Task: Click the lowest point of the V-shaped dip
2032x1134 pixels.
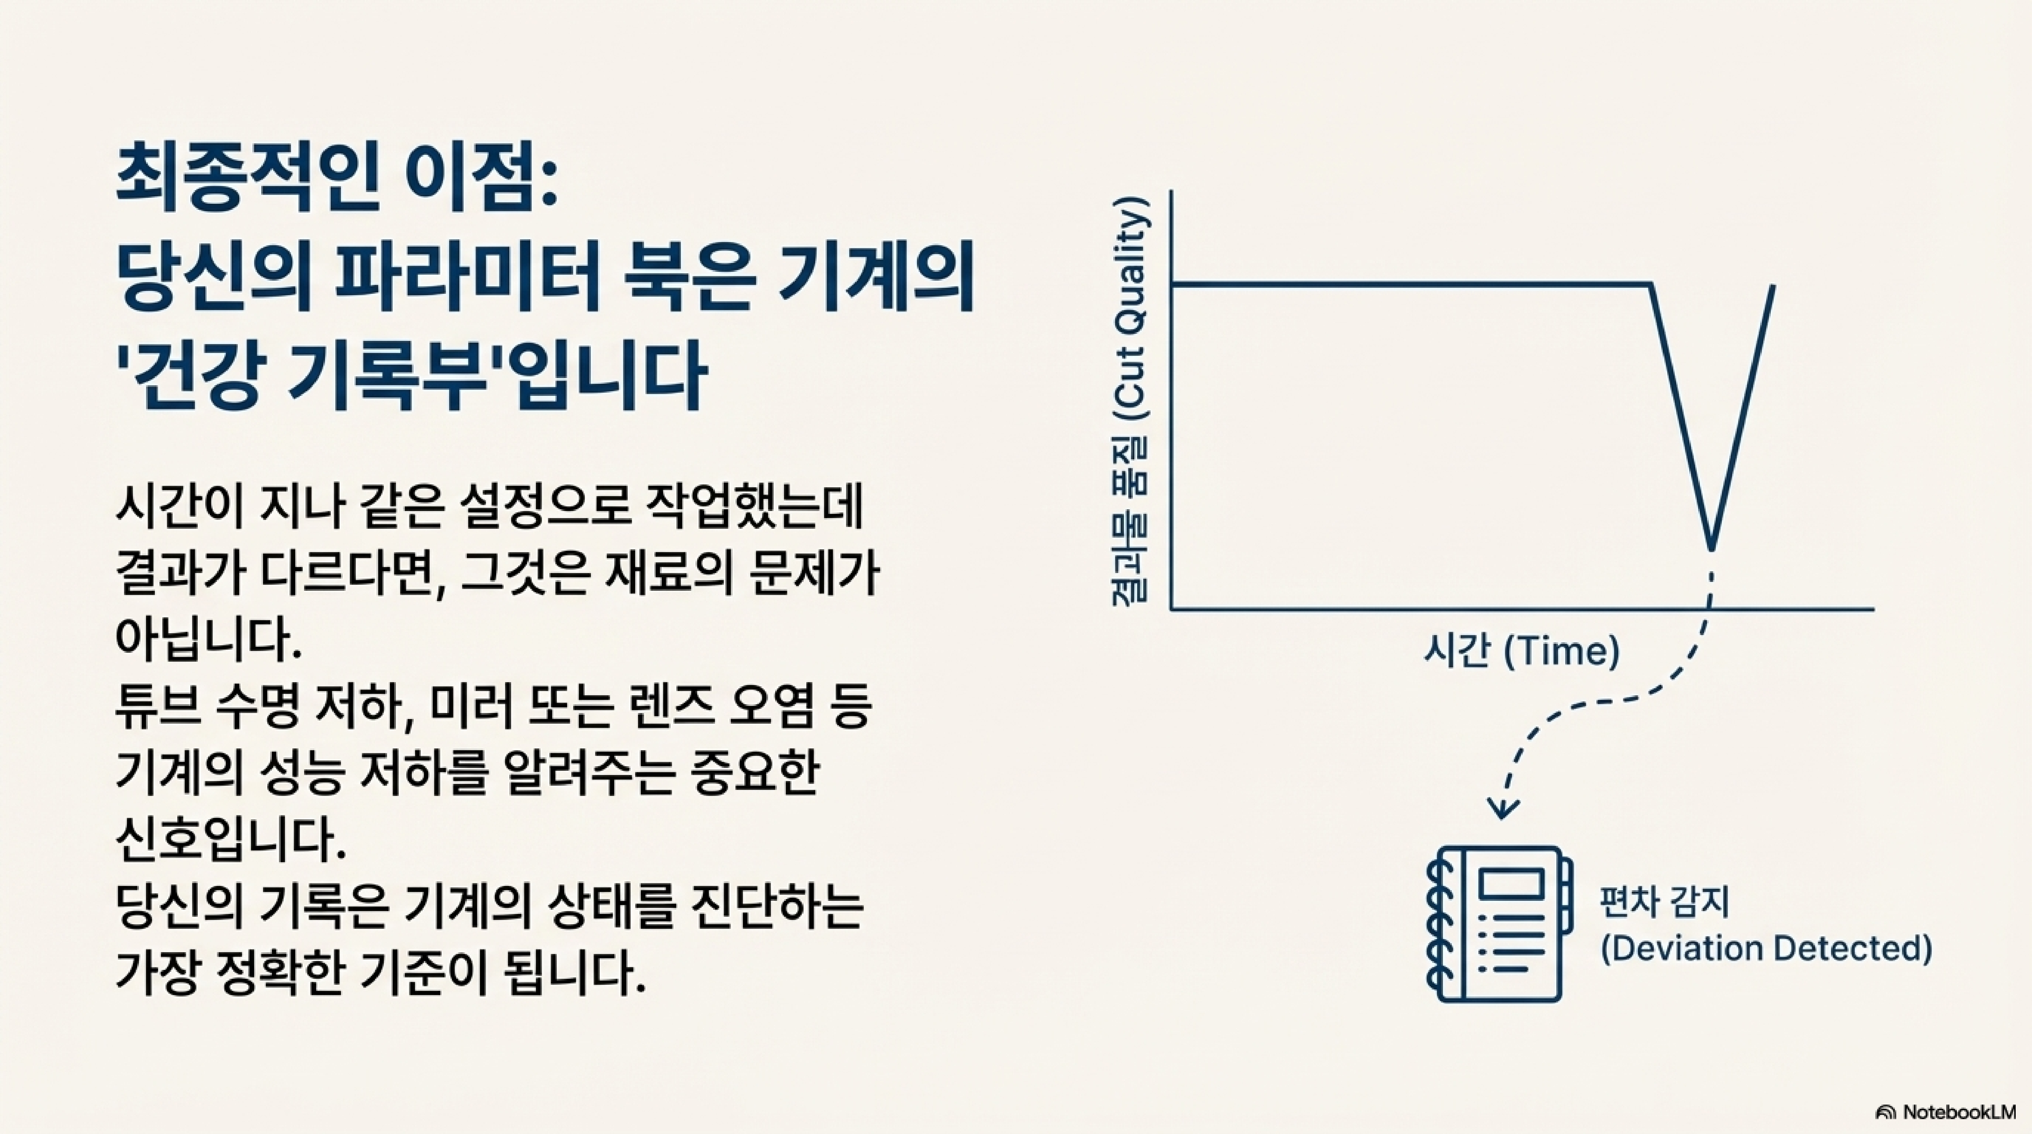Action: (1711, 548)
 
